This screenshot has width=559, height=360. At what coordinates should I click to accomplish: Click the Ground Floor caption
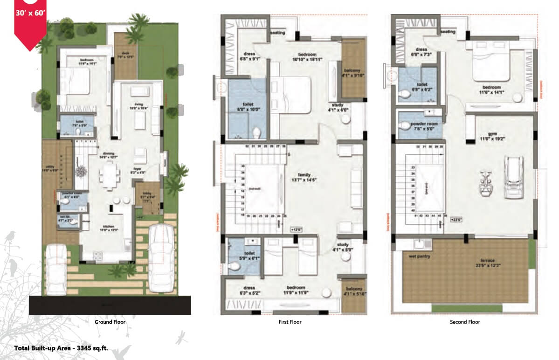(x=110, y=322)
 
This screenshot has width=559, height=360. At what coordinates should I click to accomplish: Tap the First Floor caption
(x=290, y=322)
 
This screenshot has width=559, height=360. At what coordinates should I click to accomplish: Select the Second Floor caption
(x=465, y=322)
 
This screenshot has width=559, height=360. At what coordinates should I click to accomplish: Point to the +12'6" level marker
(x=296, y=229)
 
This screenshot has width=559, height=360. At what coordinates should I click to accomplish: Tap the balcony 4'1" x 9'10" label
(x=353, y=73)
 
